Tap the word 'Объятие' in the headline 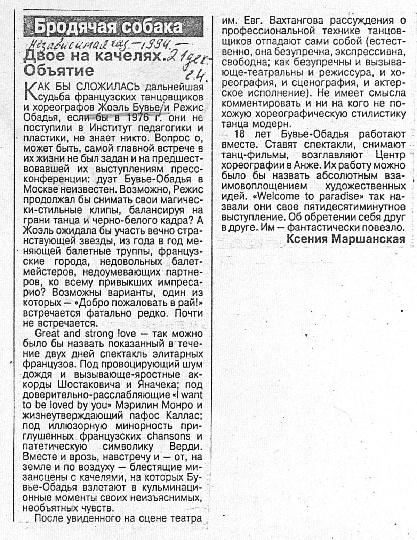[x=59, y=71]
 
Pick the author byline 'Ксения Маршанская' [x=346, y=239]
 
